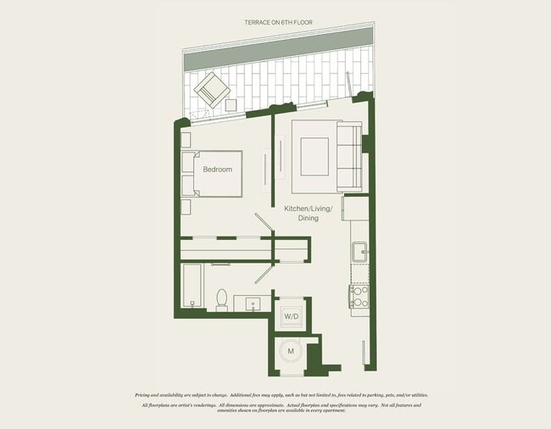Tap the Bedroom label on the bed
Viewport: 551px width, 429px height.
point(217,170)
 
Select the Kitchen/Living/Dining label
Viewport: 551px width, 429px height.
point(309,213)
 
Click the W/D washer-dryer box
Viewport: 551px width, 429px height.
point(292,315)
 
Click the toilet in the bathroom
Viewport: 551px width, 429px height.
point(222,299)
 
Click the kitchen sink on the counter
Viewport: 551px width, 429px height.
point(359,252)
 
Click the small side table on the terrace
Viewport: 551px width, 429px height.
point(231,106)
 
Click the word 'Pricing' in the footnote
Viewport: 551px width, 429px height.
point(147,395)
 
